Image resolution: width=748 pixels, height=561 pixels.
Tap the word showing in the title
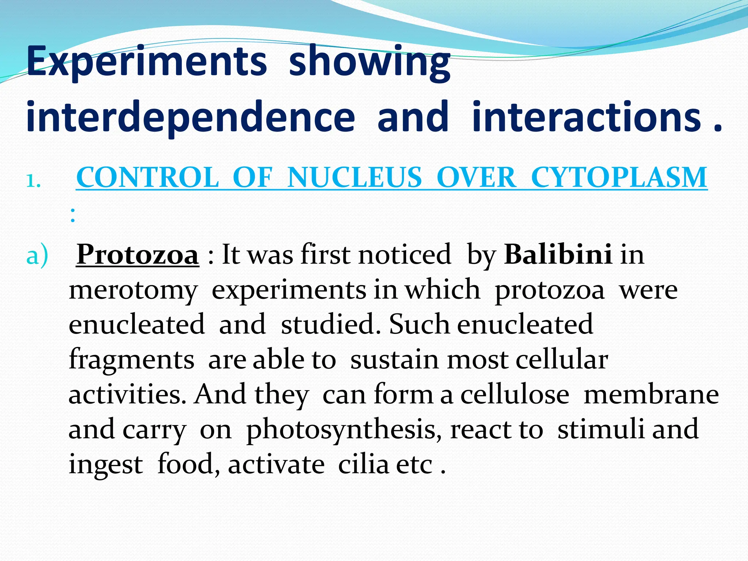[x=370, y=61]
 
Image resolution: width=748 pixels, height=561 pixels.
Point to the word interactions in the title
[x=587, y=117]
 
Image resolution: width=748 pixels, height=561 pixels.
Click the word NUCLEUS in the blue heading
[x=354, y=178]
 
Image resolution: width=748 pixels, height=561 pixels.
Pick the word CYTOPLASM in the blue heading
[x=619, y=178]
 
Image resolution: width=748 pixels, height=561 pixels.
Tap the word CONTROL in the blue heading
[x=148, y=178]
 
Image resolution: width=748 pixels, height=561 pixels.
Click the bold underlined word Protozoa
[x=138, y=255]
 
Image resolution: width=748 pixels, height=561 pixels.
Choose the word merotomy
[x=133, y=291]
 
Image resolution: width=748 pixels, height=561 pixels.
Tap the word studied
[x=331, y=324]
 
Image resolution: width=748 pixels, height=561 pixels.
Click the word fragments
[x=131, y=360]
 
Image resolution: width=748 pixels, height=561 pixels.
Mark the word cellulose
[x=515, y=394]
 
